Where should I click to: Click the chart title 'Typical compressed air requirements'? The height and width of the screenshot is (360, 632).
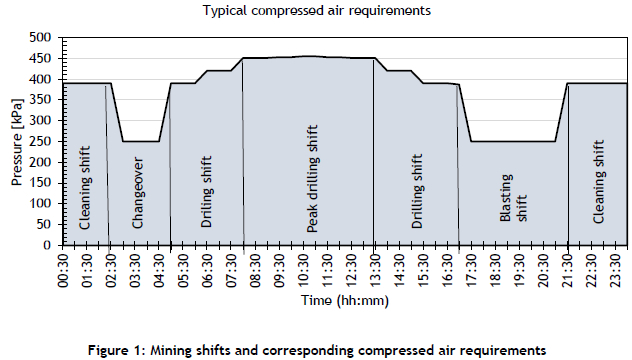pos(316,11)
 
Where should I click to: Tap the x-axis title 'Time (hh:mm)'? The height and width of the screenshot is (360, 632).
pos(344,298)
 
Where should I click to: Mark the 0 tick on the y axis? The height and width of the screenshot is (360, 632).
pos(48,245)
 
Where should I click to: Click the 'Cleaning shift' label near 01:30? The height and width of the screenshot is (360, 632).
pos(86,186)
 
